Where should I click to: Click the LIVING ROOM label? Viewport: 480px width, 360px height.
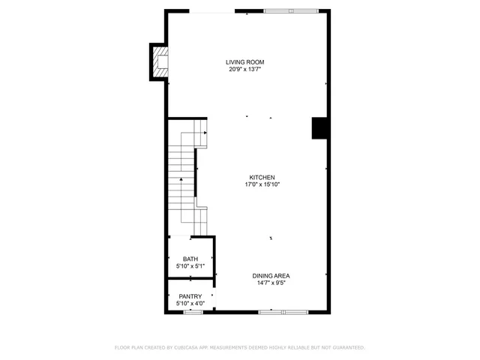pyautogui.click(x=245, y=62)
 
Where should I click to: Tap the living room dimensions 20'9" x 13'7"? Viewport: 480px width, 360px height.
pyautogui.click(x=245, y=69)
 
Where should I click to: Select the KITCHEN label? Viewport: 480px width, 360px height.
pyautogui.click(x=256, y=178)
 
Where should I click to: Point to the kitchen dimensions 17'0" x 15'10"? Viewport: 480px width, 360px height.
pyautogui.click(x=256, y=184)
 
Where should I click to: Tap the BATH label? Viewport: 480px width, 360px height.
pyautogui.click(x=190, y=259)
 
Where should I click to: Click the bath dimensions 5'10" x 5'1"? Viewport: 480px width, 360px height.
pyautogui.click(x=190, y=266)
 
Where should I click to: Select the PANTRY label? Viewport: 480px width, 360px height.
pyautogui.click(x=190, y=296)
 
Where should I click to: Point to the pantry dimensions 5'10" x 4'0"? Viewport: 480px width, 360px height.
pyautogui.click(x=190, y=303)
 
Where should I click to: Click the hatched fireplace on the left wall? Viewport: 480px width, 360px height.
pyautogui.click(x=159, y=62)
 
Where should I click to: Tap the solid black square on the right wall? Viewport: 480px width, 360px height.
pyautogui.click(x=320, y=128)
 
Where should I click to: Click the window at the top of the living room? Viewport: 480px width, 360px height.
pyautogui.click(x=290, y=11)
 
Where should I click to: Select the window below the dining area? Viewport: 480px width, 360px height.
pyautogui.click(x=281, y=311)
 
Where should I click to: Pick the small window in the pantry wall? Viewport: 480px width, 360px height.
pyautogui.click(x=193, y=311)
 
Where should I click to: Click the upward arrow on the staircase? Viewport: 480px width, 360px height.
pyautogui.click(x=181, y=180)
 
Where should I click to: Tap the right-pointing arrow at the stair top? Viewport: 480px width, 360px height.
pyautogui.click(x=204, y=132)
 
